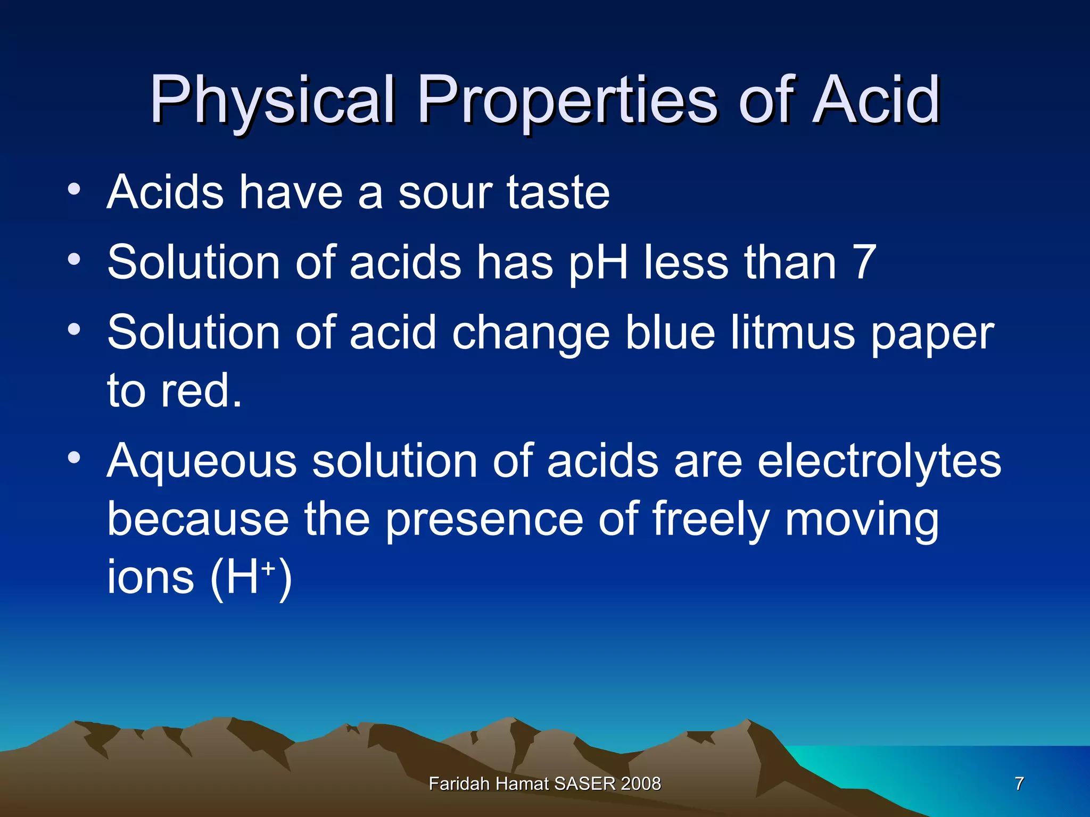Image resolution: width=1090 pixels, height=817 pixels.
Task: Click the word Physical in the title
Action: (x=272, y=101)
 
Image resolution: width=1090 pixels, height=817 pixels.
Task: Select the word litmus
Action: (x=792, y=332)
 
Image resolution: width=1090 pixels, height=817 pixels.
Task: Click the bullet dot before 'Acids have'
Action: (x=74, y=189)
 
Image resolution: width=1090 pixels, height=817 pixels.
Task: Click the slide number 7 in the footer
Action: (x=1019, y=783)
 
